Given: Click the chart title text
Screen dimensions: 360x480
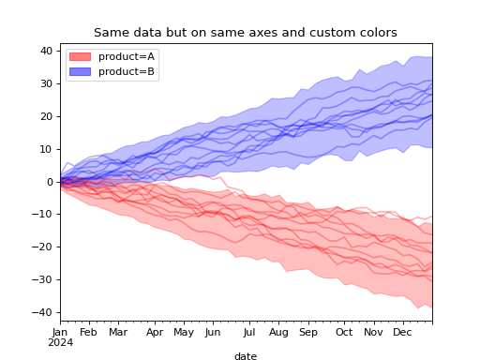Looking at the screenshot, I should (245, 33).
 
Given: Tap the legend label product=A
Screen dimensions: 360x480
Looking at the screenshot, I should (127, 56).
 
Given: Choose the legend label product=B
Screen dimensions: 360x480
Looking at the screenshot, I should (127, 71).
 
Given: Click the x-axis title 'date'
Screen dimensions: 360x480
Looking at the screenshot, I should (246, 356).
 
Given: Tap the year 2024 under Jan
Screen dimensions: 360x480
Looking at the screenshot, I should (60, 342).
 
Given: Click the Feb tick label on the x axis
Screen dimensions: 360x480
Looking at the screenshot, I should (89, 332).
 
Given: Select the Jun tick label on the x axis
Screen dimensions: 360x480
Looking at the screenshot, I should (213, 332).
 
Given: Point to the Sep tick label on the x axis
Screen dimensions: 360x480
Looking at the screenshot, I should (308, 332).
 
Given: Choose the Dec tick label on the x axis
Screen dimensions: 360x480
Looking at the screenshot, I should (402, 332).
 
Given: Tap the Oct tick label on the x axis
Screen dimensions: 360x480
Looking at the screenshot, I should (344, 332).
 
